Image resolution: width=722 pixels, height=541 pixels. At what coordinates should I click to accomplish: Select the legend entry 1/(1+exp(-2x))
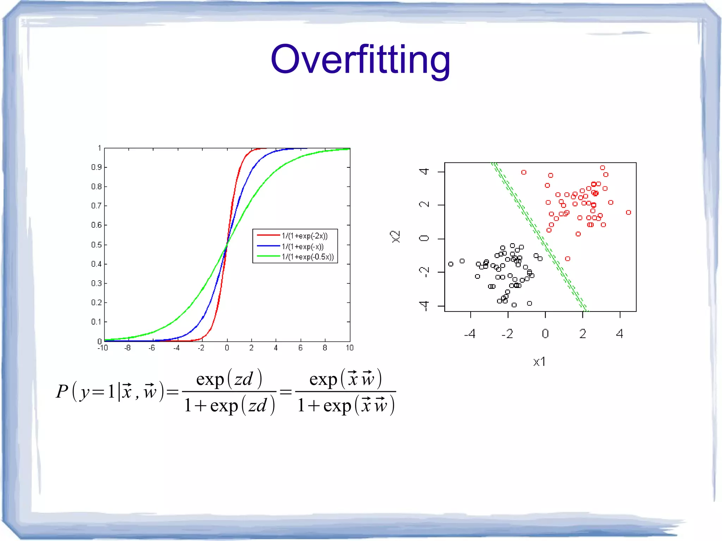305,236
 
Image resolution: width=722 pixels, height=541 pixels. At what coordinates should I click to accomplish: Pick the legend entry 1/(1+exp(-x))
302,246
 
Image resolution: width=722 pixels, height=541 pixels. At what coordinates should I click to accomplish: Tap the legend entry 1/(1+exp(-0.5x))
307,257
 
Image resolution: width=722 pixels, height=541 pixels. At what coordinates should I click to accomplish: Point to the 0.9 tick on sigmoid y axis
96,167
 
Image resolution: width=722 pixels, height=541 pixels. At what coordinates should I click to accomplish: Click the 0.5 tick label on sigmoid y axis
96,245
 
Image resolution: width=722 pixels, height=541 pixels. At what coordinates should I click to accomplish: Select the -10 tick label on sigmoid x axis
103,348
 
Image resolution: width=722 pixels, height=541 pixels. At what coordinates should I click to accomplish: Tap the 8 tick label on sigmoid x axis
325,348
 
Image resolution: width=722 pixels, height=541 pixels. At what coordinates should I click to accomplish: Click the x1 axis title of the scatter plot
539,362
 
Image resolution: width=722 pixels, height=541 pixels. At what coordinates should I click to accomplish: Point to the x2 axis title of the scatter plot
396,236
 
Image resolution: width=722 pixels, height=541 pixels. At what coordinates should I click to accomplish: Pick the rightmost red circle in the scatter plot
628,213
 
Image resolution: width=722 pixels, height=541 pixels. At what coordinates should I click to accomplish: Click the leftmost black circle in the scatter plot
451,264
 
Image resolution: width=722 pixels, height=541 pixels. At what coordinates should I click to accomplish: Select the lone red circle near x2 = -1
568,259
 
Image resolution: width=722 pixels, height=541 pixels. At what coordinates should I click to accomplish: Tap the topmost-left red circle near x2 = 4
524,172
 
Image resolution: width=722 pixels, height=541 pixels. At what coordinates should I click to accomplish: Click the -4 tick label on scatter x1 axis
470,333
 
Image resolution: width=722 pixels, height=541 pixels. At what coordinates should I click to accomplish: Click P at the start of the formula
62,391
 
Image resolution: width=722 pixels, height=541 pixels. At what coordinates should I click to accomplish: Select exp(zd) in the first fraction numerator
229,379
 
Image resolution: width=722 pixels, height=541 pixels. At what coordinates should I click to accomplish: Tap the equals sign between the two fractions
286,392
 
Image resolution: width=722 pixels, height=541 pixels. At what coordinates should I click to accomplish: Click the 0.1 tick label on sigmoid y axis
96,322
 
